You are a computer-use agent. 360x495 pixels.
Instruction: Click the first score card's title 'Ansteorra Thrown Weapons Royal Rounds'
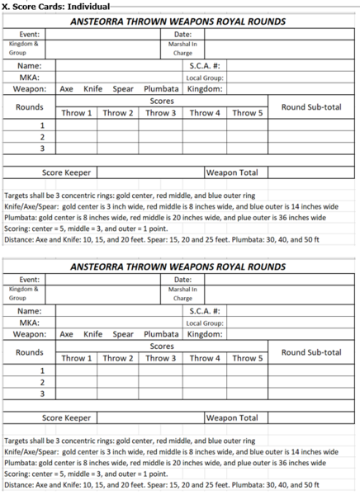click(178, 21)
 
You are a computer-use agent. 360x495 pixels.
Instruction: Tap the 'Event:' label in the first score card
click(30, 34)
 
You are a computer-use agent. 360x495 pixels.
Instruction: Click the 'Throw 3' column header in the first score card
click(161, 113)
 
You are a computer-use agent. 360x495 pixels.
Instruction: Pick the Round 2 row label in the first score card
click(30, 136)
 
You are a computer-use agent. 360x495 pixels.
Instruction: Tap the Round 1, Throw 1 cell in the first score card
click(77, 125)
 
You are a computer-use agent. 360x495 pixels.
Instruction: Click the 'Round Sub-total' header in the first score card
click(311, 106)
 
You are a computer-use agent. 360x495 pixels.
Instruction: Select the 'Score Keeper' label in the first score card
click(67, 172)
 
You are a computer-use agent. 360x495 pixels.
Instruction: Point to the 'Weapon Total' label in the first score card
click(232, 172)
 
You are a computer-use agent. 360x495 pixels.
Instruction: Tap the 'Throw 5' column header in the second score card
click(248, 359)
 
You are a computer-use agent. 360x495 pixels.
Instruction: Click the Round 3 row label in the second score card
click(30, 394)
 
